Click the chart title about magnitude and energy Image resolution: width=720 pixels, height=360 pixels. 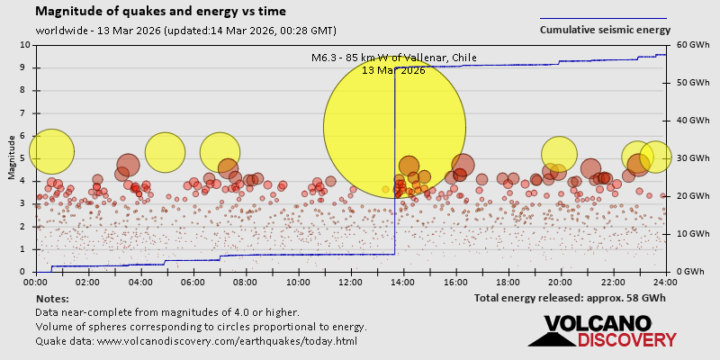161,12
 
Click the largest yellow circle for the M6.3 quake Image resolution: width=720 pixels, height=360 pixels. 394,127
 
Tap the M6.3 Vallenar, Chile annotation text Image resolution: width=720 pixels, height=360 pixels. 394,58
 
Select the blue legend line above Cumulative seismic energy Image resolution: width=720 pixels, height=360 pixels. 603,18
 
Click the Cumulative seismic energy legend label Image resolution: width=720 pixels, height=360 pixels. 605,30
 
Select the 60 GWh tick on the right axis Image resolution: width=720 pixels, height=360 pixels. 688,45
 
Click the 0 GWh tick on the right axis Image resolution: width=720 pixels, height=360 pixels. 688,272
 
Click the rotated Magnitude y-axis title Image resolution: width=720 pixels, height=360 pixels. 12,158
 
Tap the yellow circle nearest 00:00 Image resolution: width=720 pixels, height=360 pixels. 51,151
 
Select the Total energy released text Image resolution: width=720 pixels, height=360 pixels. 570,297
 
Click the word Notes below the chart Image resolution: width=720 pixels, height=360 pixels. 52,298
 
